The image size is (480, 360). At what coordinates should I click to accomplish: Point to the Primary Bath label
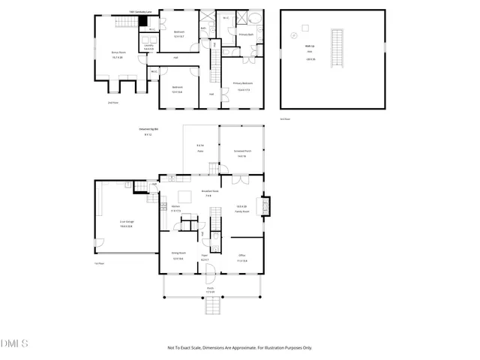[247, 34]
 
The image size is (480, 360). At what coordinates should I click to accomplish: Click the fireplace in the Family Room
[264, 206]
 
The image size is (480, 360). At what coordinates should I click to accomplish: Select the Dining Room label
[178, 257]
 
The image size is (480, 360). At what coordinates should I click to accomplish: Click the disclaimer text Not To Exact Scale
[239, 347]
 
